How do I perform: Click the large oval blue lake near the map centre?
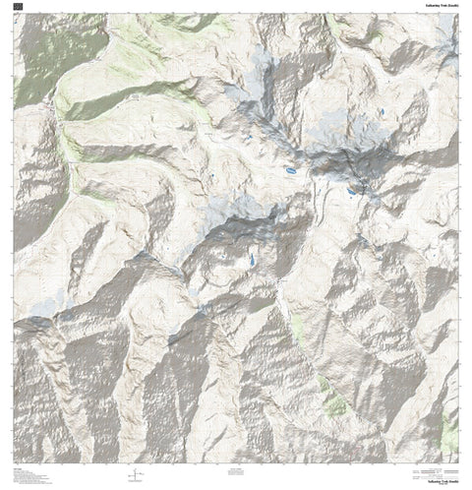click(x=291, y=171)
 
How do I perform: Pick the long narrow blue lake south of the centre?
click(x=252, y=261)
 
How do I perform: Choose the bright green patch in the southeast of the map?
click(x=335, y=404)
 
